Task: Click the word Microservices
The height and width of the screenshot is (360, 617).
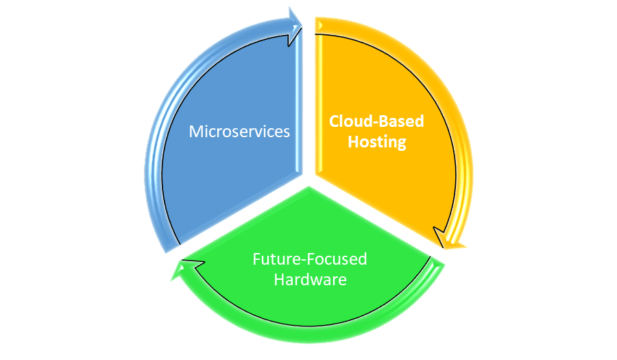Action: click(x=239, y=131)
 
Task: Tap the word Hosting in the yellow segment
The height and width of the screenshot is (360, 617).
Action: click(x=377, y=142)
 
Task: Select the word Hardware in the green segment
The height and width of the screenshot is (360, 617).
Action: click(x=310, y=279)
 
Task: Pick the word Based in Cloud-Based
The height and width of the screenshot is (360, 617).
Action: click(x=401, y=121)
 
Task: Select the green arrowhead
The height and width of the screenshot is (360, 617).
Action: click(x=180, y=269)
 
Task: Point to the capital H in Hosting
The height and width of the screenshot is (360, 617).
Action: click(x=352, y=142)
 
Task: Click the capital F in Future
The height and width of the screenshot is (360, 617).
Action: click(x=256, y=259)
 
